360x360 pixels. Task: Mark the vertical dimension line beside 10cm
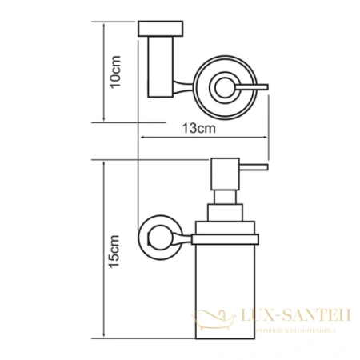[103, 73]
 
